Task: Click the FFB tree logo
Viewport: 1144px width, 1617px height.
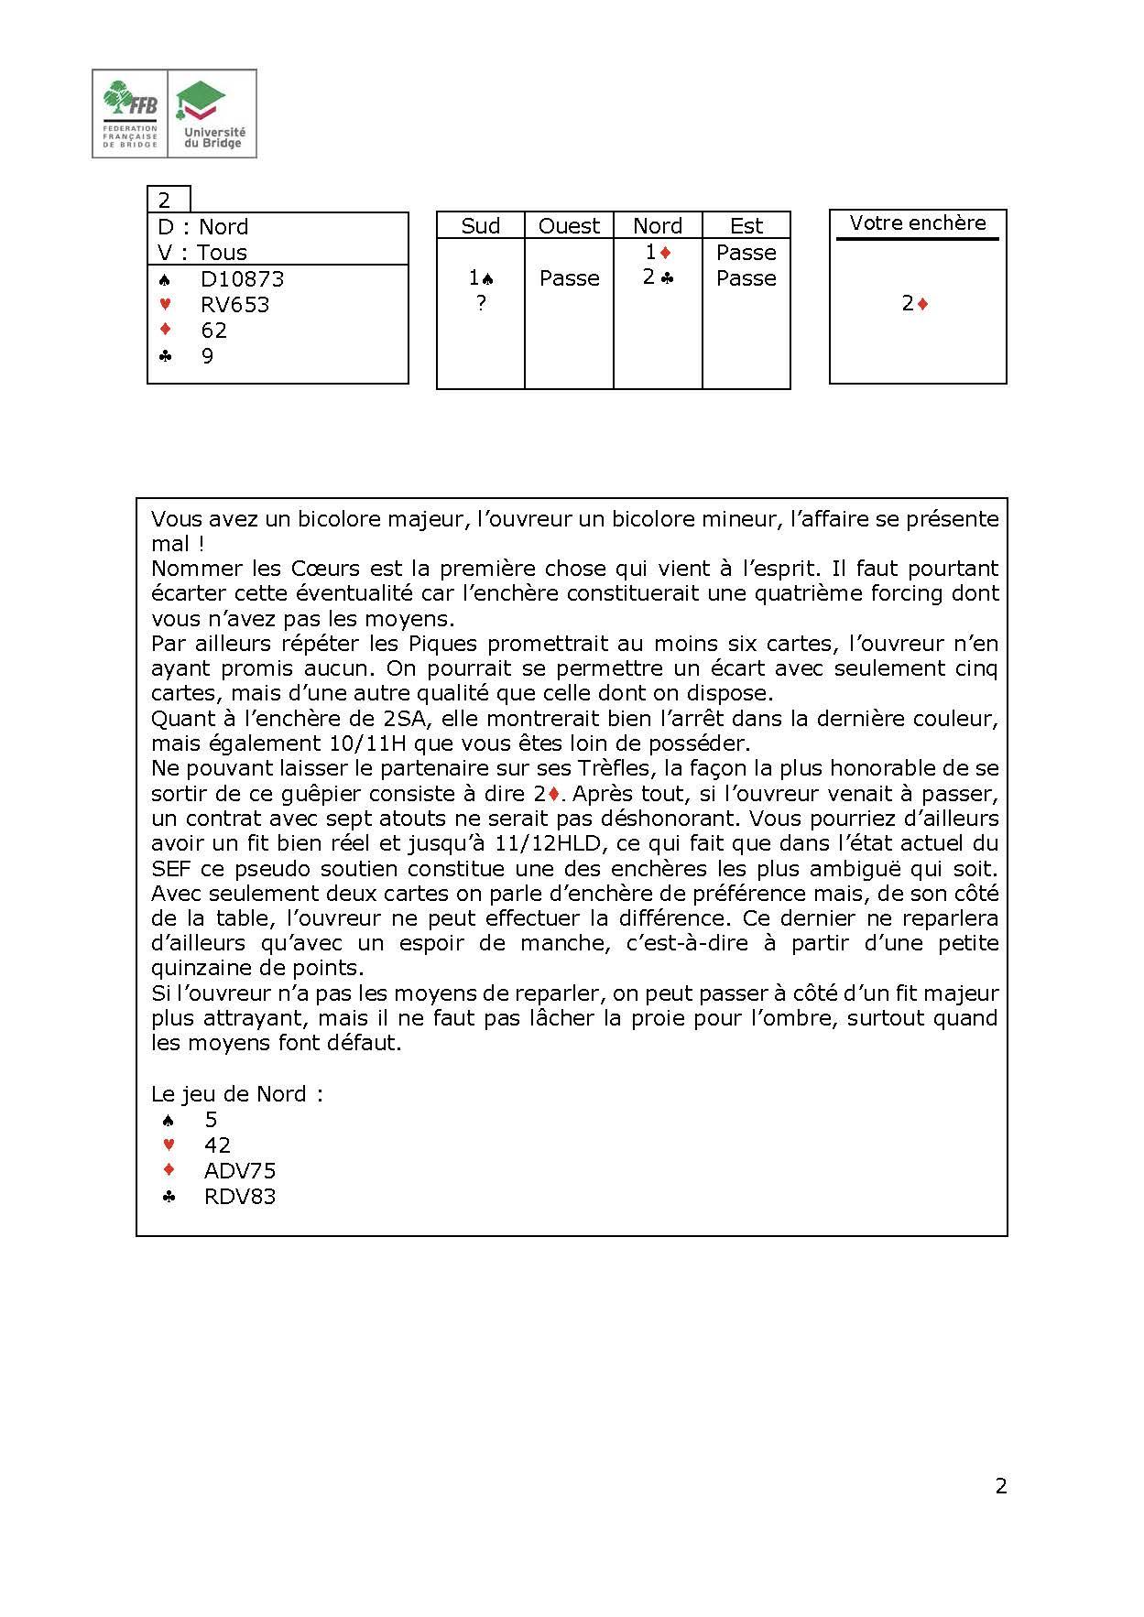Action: click(129, 114)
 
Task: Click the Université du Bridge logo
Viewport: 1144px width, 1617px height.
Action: click(212, 114)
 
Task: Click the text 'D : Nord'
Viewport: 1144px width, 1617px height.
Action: click(203, 227)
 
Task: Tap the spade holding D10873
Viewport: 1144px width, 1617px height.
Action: click(242, 279)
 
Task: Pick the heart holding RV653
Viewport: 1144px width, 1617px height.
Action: click(234, 305)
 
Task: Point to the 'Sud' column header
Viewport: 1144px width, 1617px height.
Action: click(480, 226)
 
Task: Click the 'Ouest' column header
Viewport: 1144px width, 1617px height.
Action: click(569, 226)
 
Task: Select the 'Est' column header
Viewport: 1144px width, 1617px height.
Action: click(746, 226)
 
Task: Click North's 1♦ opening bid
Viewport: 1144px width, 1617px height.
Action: click(659, 252)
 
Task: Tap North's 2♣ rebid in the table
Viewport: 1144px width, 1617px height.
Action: click(658, 277)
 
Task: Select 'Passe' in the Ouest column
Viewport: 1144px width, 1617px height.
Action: click(569, 278)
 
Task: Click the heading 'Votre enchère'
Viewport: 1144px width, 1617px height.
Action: click(918, 223)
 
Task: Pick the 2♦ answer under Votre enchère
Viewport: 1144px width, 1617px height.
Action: click(915, 304)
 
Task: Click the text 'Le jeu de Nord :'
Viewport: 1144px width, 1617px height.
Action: click(237, 1094)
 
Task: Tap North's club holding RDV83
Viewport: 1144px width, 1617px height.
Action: click(239, 1197)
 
